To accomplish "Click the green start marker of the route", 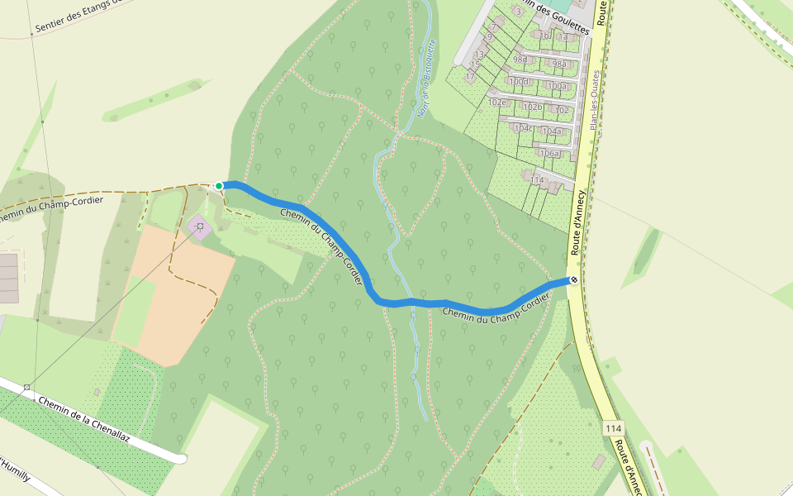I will point(219,186).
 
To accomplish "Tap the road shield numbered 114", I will point(613,428).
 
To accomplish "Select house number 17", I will point(470,77).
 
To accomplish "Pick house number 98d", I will point(520,60).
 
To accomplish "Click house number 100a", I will point(558,86).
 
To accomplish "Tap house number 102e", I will point(497,103).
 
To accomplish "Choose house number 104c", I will point(523,128).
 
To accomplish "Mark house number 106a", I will point(549,153).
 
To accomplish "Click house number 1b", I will point(544,36).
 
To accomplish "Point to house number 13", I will point(479,55).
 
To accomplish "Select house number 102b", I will point(533,107).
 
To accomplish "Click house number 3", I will point(518,12).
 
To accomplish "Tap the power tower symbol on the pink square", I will point(200,226).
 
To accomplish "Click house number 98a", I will point(560,64).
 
